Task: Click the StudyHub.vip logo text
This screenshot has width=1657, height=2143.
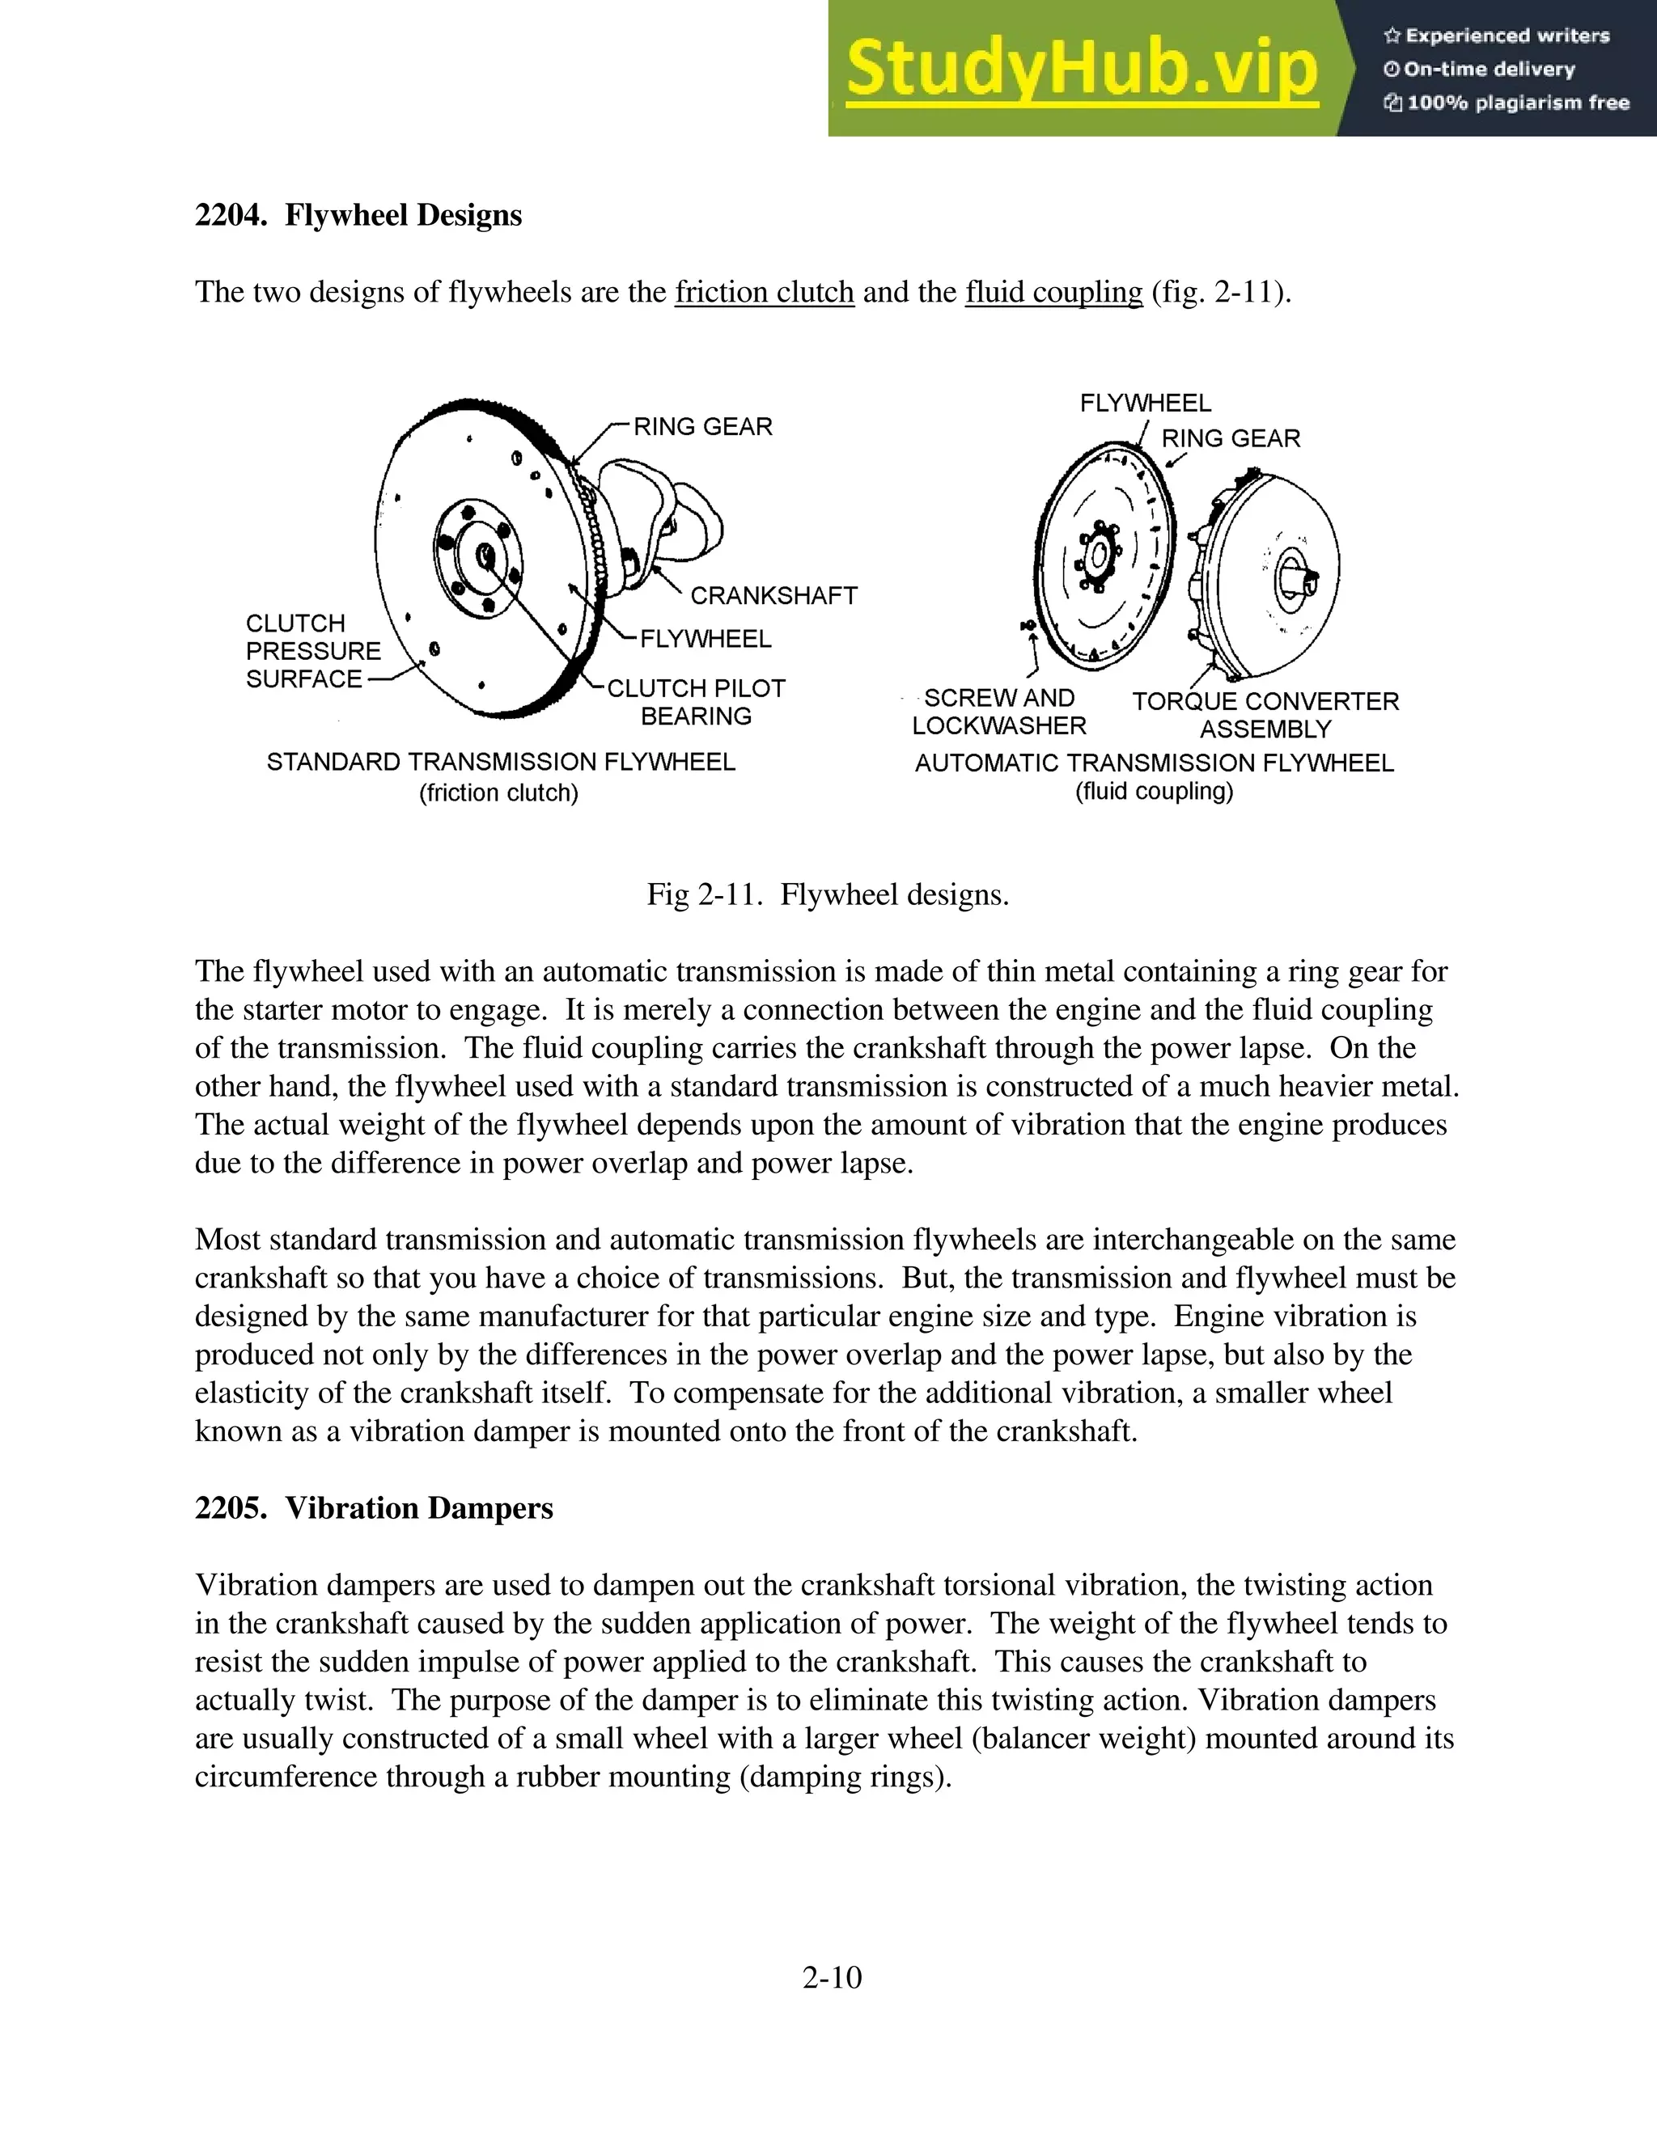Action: (x=1081, y=69)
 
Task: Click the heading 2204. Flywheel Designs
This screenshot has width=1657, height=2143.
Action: (x=358, y=215)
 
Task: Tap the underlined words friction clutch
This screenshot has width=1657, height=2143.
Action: (x=764, y=293)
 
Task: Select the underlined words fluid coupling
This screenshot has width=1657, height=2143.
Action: (x=1053, y=293)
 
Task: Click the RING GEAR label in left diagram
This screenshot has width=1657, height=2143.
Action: (x=703, y=427)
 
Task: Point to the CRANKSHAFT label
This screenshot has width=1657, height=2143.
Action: (x=773, y=596)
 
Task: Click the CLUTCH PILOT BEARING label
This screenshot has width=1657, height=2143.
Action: (x=696, y=702)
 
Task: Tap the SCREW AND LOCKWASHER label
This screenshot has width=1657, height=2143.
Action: (x=999, y=712)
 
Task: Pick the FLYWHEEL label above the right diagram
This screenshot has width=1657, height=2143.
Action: (x=1145, y=404)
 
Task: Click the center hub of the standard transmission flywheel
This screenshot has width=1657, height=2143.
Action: (x=484, y=556)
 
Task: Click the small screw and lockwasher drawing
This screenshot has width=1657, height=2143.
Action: (x=1027, y=625)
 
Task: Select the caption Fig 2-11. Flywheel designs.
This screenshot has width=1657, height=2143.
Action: (x=828, y=895)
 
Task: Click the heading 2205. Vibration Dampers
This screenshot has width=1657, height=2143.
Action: (x=374, y=1508)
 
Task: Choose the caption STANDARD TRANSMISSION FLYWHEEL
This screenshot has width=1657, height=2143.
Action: (x=501, y=763)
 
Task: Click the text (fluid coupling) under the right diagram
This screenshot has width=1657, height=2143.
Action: (x=1154, y=792)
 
